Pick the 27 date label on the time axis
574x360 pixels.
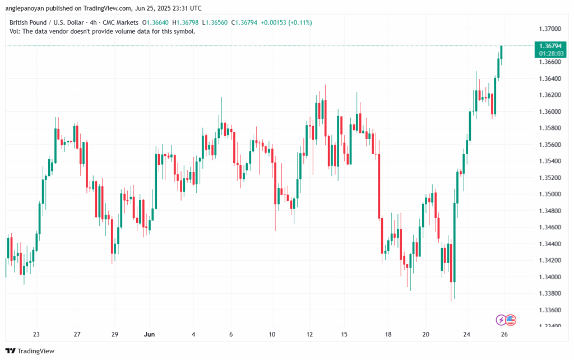pos(77,334)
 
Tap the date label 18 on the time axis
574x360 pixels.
pos(388,334)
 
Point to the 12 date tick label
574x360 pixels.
pos(310,334)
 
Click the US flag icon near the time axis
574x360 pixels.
pos(511,320)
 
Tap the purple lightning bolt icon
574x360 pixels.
pos(501,320)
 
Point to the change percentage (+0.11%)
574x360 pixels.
pos(300,22)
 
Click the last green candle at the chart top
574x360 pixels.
pos(501,52)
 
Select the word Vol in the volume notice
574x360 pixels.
pos(15,31)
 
